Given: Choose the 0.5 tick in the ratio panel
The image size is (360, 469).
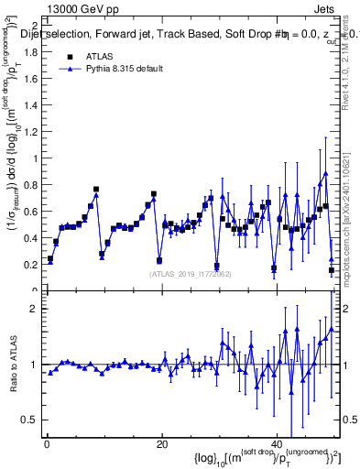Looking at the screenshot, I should (x=33, y=420).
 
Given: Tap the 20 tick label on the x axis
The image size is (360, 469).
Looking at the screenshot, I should (x=161, y=444).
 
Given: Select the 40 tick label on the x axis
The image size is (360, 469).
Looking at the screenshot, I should (x=277, y=444).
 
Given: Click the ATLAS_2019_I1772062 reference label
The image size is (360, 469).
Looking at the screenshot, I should (x=191, y=274).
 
